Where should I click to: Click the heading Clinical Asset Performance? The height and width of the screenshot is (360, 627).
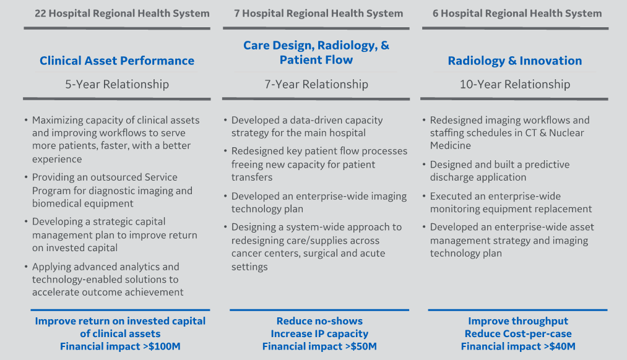click(x=117, y=61)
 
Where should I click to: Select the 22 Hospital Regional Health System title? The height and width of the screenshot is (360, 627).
click(x=122, y=13)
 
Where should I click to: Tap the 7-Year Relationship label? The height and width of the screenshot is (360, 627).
click(x=316, y=84)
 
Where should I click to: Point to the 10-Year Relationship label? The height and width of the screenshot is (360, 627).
click(x=515, y=84)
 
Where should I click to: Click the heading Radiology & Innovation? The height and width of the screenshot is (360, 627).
click(x=515, y=61)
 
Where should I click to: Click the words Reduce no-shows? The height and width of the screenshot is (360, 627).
click(x=319, y=321)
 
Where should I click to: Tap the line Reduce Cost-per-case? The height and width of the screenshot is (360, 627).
click(x=518, y=333)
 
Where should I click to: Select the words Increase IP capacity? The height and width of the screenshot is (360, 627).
click(x=319, y=333)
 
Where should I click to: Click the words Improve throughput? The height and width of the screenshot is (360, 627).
click(x=518, y=321)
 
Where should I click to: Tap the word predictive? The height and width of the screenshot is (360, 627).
click(x=547, y=165)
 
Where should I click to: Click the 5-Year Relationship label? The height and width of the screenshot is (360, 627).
click(x=117, y=84)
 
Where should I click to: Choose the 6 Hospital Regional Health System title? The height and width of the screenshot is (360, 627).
click(x=517, y=13)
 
